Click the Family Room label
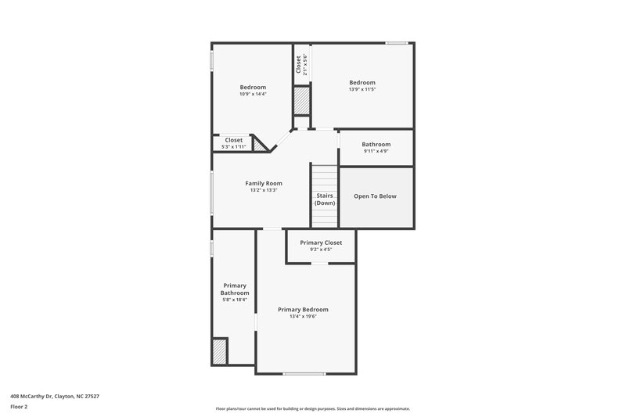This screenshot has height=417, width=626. [x=264, y=183]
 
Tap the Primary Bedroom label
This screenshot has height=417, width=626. [x=303, y=310]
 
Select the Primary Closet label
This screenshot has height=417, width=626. [x=321, y=243]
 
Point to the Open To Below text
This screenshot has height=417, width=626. [x=375, y=196]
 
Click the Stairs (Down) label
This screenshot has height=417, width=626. [x=325, y=200]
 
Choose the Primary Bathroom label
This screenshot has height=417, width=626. [x=235, y=289]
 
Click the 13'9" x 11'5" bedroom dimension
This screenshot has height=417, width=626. [x=362, y=89]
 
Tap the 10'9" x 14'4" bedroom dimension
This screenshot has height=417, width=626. [x=253, y=94]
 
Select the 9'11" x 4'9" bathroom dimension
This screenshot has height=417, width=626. [x=376, y=151]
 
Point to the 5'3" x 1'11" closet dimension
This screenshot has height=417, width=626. [x=233, y=146]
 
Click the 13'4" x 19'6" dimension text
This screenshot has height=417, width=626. [x=303, y=316]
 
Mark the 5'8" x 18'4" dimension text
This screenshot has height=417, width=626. [x=235, y=300]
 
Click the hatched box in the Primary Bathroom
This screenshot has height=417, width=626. [x=220, y=351]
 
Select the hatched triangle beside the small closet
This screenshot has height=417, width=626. [x=259, y=144]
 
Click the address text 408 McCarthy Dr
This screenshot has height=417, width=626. [x=55, y=396]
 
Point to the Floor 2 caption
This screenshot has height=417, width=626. [x=20, y=407]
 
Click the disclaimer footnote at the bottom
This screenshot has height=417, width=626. [x=313, y=408]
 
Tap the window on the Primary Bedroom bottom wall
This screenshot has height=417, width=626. [x=304, y=373]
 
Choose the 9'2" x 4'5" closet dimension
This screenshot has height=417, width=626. [x=321, y=250]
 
